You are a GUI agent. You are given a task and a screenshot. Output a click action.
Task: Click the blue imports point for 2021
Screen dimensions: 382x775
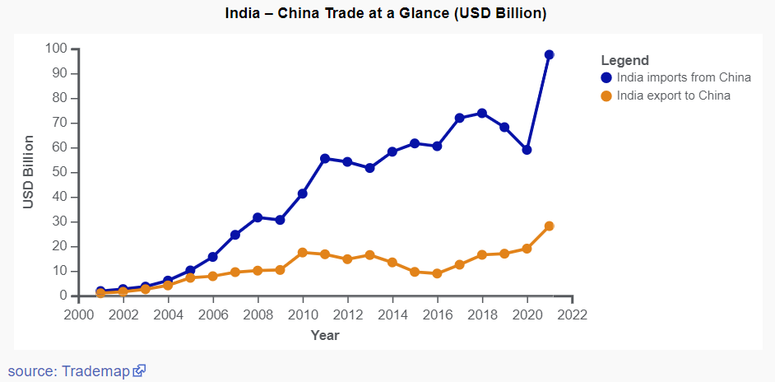tap(549, 54)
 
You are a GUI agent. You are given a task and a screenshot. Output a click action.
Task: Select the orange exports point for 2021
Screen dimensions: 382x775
tap(549, 226)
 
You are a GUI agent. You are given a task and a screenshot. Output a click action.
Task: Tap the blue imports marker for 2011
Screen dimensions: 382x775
tap(325, 158)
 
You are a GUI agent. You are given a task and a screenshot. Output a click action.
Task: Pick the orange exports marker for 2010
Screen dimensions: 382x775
tap(303, 252)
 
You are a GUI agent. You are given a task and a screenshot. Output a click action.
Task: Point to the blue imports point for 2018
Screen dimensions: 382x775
tap(482, 113)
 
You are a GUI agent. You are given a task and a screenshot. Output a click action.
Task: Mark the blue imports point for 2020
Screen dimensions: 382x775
tap(527, 150)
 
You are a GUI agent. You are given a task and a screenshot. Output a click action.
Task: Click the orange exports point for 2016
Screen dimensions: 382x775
tap(437, 273)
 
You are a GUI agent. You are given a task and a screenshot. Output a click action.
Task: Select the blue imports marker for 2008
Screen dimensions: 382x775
tap(258, 217)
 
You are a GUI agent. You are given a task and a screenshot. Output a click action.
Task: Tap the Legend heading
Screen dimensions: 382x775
tap(625, 60)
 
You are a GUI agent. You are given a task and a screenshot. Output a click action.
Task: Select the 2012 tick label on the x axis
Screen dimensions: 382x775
tap(347, 314)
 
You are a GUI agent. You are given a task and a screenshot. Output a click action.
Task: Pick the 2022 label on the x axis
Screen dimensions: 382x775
tap(572, 314)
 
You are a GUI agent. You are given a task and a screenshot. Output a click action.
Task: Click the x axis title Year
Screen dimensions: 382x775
tap(325, 335)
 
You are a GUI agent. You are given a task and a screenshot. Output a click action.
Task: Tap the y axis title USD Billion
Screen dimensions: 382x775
tap(29, 172)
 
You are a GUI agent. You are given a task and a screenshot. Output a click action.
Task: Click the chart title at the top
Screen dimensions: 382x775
tap(386, 14)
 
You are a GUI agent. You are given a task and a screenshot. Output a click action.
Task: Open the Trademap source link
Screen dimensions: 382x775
tap(95, 371)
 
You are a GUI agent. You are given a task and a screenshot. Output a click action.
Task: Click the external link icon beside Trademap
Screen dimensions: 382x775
tap(140, 371)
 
